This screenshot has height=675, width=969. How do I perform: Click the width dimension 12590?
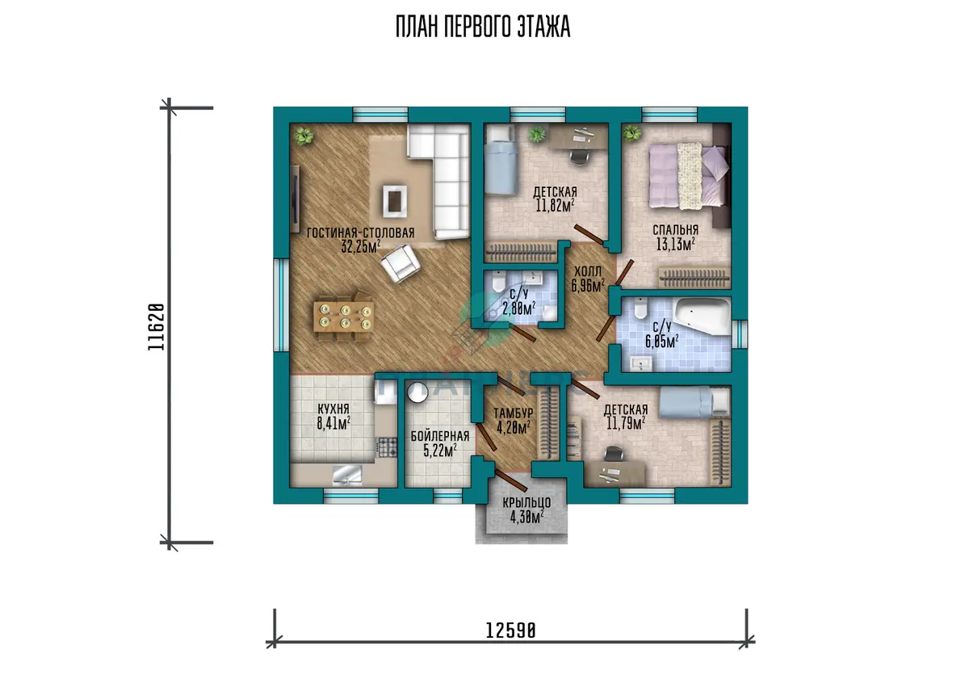(510, 631)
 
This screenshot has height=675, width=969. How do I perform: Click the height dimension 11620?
(156, 327)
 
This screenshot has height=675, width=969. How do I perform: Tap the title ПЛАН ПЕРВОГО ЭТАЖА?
(483, 27)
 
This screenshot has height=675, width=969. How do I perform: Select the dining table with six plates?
(344, 317)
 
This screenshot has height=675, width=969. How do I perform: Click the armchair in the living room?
(401, 262)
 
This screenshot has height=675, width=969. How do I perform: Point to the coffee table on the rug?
(394, 201)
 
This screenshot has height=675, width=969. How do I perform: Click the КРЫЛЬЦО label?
(526, 502)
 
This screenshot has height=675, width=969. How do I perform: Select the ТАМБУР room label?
(513, 413)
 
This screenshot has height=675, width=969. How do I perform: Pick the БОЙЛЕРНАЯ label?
(440, 436)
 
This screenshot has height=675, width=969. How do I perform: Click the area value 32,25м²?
(361, 246)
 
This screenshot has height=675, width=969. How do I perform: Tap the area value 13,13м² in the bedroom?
(675, 244)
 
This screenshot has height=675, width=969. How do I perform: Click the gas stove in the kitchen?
(388, 447)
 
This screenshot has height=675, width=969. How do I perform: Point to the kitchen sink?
(347, 476)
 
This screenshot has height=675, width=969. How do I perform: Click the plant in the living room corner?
(304, 136)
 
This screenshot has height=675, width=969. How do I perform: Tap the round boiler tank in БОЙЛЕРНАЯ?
(417, 392)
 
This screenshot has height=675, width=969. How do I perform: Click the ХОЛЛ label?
(588, 271)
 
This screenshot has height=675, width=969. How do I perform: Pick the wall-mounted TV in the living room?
(296, 199)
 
